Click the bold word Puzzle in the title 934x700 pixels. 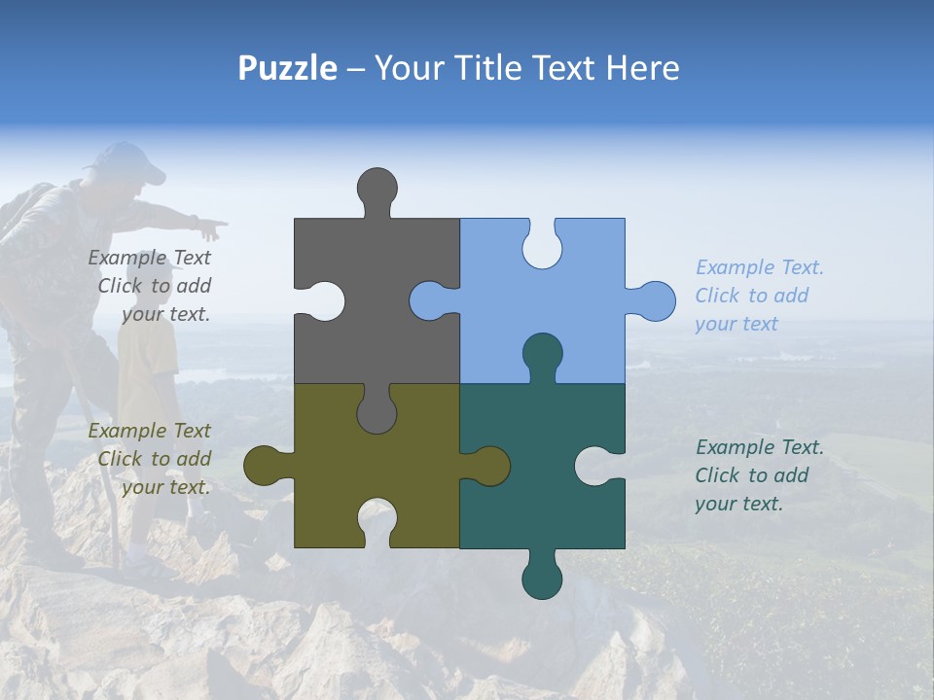click(x=288, y=68)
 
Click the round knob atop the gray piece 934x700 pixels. click(x=377, y=188)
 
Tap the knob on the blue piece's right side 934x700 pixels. click(x=654, y=300)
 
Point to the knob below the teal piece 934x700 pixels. click(x=542, y=577)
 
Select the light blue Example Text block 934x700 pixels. click(x=758, y=296)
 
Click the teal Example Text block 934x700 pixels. click(x=758, y=475)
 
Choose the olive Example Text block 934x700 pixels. click(x=152, y=459)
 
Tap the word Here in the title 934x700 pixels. click(x=641, y=68)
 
